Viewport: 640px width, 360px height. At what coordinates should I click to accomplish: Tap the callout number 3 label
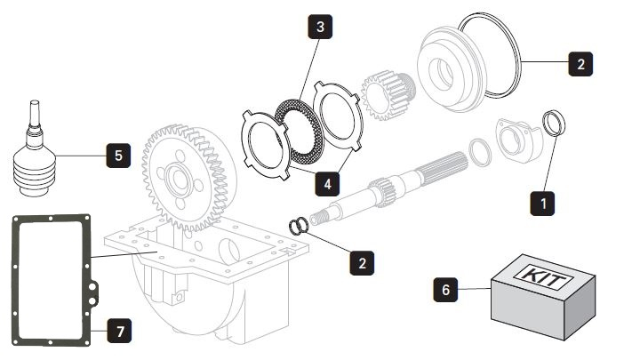tap(321, 28)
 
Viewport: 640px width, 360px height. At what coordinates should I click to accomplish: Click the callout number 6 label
tap(446, 289)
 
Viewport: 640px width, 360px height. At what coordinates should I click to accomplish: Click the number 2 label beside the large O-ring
tap(579, 63)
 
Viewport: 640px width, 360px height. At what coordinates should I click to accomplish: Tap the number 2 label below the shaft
tap(361, 262)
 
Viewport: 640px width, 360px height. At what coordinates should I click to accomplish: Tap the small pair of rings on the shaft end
tap(300, 226)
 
